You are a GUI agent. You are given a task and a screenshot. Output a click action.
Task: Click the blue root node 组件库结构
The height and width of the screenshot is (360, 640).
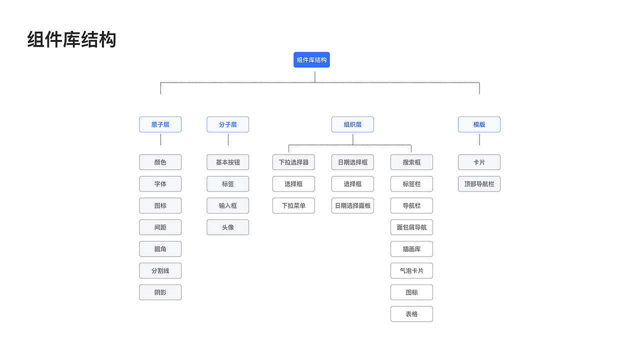tap(311, 60)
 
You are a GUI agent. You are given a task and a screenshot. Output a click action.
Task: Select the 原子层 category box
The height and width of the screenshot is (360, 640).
tap(160, 124)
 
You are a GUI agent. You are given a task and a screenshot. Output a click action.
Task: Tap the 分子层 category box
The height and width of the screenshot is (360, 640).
tap(227, 124)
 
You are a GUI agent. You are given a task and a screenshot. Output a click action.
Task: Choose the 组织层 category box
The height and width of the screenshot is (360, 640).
tap(352, 124)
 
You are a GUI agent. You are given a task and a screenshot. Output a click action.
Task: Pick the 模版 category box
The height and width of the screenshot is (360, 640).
tap(479, 124)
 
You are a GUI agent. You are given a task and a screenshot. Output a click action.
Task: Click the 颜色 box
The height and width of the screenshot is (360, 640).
tap(160, 162)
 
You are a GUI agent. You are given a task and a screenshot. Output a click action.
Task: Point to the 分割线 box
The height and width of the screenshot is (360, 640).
tap(160, 271)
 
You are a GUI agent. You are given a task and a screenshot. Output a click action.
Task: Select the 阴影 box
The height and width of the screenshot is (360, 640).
tap(160, 292)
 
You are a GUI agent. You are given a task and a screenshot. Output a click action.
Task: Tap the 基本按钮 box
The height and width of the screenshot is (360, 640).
tap(227, 162)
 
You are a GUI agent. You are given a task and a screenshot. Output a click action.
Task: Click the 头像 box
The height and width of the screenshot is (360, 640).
tap(227, 227)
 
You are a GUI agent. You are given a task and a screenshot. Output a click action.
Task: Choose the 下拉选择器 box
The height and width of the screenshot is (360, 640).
tap(293, 162)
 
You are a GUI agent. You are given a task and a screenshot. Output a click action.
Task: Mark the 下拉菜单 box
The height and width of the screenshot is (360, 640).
tap(293, 205)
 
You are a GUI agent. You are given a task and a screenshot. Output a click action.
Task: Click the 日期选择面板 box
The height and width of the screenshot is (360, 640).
tap(352, 205)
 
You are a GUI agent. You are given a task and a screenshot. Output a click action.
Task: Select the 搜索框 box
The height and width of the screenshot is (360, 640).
tap(411, 162)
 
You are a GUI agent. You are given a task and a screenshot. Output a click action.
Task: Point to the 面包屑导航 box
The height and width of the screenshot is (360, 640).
tap(411, 227)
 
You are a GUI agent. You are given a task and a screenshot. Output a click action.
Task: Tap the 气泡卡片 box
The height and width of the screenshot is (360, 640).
tap(411, 271)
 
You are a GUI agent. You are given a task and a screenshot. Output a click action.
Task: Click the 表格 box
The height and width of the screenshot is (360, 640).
tap(411, 314)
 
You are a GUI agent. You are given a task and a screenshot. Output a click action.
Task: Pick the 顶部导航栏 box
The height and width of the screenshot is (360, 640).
tap(479, 184)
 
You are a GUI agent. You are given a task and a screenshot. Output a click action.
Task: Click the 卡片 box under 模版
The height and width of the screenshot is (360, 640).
tap(479, 162)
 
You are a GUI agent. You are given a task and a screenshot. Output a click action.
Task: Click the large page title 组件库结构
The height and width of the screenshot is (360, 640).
tap(71, 39)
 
